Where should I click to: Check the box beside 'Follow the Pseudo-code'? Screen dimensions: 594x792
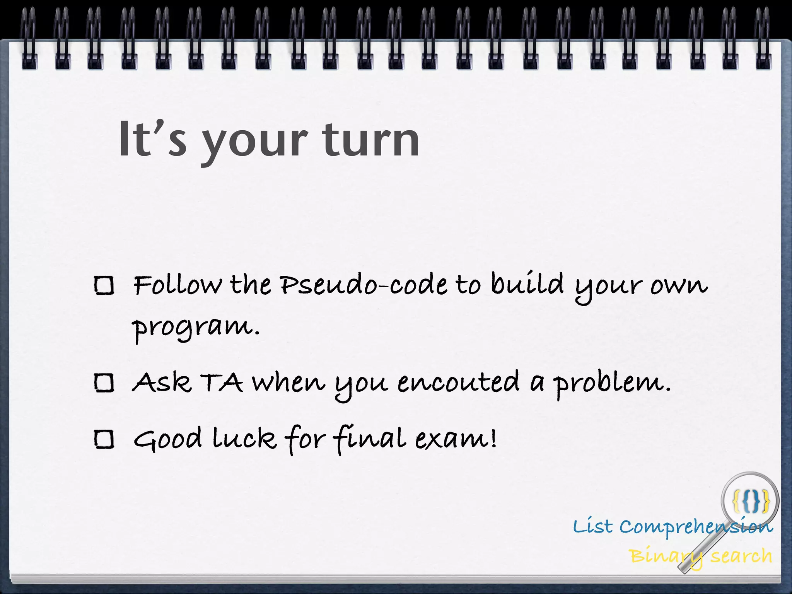click(x=104, y=286)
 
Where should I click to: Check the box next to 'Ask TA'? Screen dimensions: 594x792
click(x=104, y=383)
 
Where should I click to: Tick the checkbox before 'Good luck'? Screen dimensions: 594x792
click(x=104, y=439)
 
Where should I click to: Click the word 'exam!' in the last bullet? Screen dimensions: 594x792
click(x=456, y=439)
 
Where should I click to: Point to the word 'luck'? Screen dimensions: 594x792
click(x=244, y=439)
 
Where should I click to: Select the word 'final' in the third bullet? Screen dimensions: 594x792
click(x=370, y=439)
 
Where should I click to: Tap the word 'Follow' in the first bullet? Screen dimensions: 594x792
click(x=178, y=285)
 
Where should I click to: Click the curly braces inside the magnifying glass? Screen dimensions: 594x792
click(x=751, y=500)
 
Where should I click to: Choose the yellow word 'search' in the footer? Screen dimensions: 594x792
click(x=741, y=556)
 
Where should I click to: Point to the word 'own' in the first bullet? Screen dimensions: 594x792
click(x=679, y=286)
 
